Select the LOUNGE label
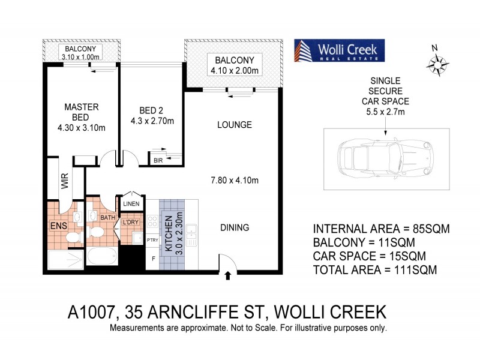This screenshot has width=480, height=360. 234,125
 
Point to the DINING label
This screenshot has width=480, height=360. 233,228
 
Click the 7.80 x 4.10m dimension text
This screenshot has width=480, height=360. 235,179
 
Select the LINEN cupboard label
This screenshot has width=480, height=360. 131,205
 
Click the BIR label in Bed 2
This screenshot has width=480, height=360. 158,160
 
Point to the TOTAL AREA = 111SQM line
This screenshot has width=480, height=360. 374,271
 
